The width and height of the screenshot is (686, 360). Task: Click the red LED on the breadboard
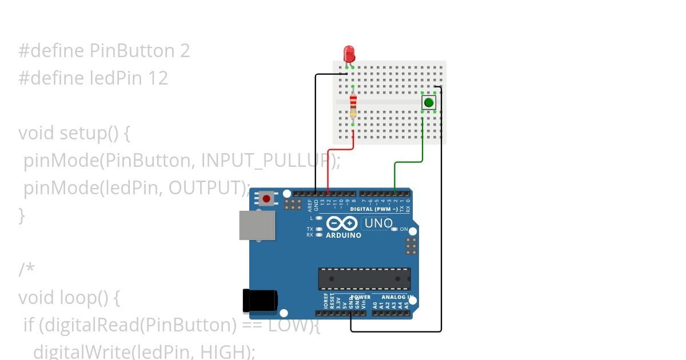pos(349,54)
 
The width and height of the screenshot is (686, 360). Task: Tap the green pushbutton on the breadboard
pos(429,102)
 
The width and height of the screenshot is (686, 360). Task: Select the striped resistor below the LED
pos(353,103)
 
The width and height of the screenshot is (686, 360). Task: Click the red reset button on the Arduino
pos(266,199)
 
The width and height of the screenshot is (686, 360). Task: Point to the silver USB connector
pos(257,225)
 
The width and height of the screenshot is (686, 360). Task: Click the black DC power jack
pos(260,301)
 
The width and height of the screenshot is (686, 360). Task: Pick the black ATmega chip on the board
pos(364,278)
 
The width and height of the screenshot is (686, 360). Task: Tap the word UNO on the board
pos(378,223)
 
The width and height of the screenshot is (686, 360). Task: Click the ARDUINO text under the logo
pos(343,235)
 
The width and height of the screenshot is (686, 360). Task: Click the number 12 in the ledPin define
pos(158,78)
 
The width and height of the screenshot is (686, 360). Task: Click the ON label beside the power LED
pos(404,229)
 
